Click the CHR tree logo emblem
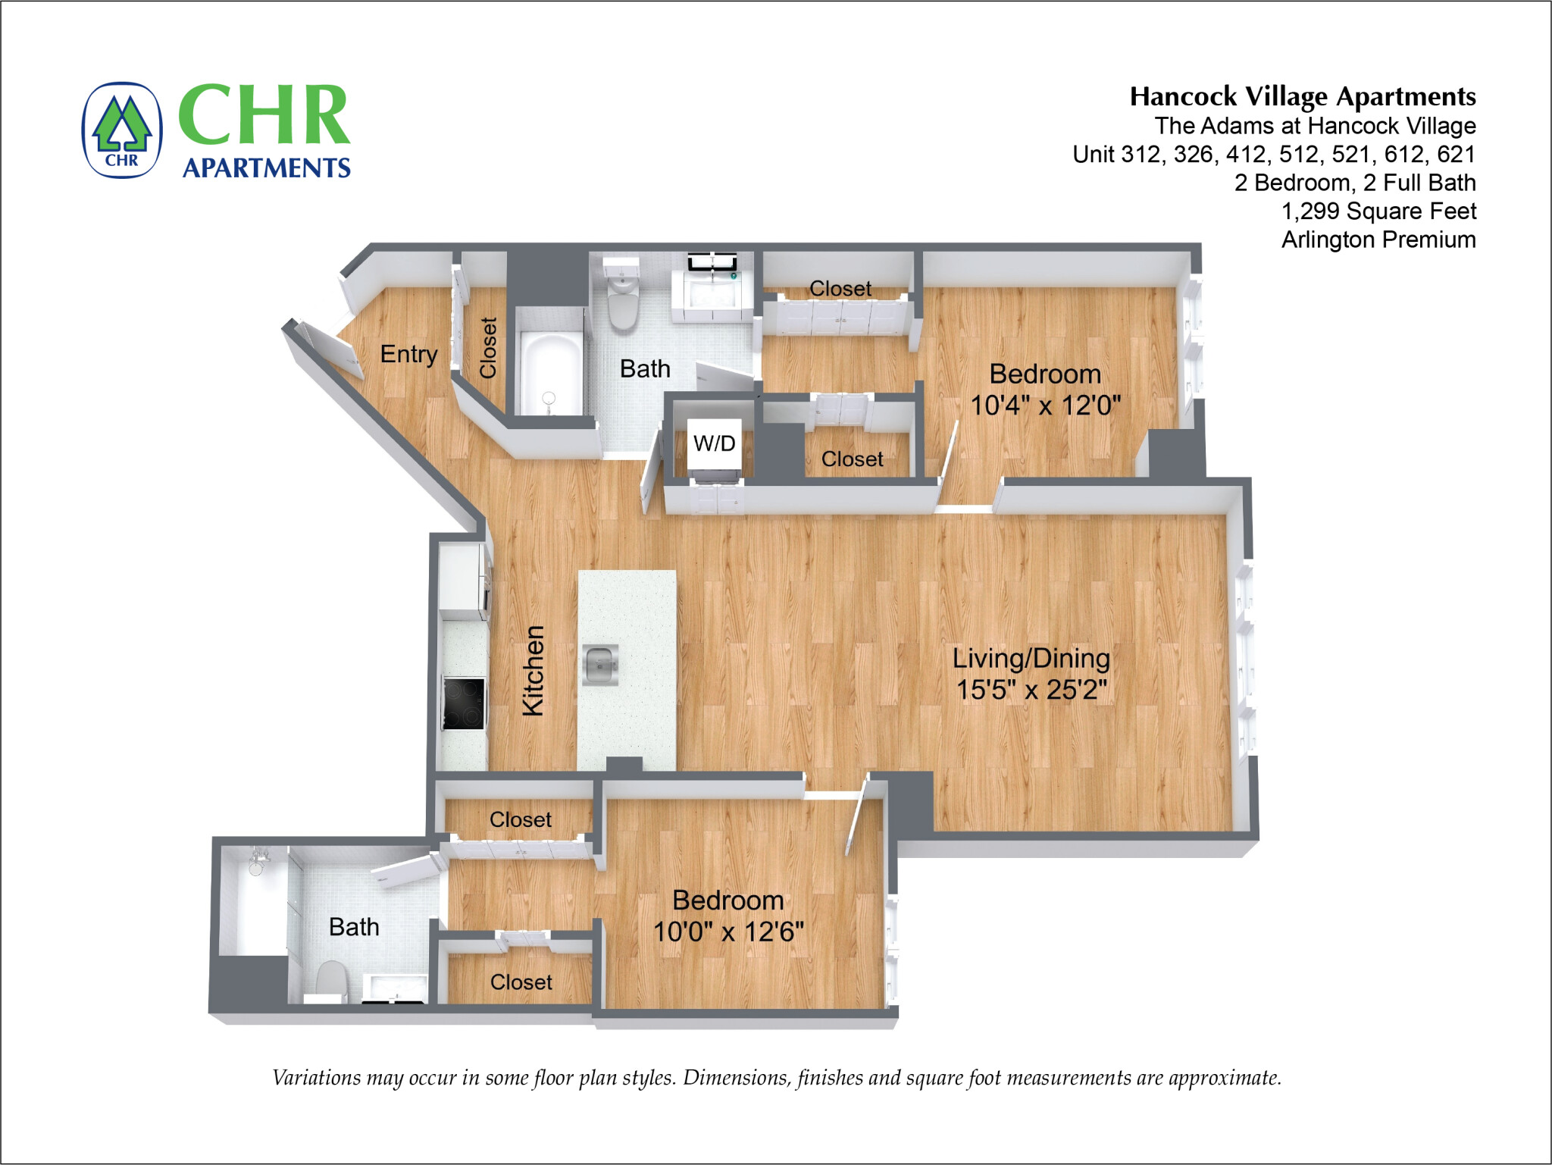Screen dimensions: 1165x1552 121,130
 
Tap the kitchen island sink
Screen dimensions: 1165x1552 600,665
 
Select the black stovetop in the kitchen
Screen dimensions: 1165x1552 463,703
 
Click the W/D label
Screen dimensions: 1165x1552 714,443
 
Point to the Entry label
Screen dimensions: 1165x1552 408,354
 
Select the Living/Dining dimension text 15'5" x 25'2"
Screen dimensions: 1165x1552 1031,690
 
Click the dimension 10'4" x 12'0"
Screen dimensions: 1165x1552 1045,406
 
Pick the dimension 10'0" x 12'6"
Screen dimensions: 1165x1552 728,932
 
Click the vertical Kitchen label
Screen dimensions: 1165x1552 533,670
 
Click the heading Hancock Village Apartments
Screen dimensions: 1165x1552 1302,96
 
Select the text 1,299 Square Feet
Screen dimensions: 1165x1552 1378,211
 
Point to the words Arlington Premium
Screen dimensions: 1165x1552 1378,240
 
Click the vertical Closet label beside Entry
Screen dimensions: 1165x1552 487,348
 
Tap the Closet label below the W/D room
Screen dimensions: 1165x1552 852,459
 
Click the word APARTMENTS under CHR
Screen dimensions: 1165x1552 266,168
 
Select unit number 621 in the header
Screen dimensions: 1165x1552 1456,154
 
